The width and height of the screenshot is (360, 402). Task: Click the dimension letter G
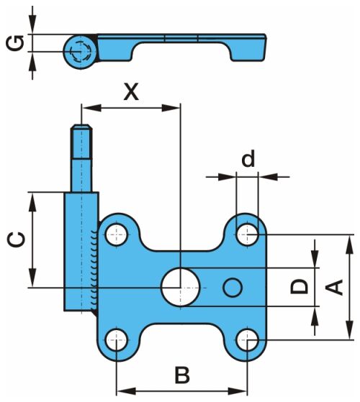15,43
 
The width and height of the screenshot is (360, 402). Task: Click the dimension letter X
131,91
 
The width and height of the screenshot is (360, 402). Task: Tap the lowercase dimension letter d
248,158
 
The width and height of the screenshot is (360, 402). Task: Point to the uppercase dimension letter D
299,287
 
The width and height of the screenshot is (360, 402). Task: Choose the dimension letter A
334,287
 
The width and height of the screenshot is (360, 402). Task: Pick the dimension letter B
182,375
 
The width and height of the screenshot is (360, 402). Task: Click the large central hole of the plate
181,287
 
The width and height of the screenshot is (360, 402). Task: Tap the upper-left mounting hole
117,234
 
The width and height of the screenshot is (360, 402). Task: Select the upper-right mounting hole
248,234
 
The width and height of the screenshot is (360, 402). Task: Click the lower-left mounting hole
117,340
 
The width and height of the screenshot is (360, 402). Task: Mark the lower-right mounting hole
248,340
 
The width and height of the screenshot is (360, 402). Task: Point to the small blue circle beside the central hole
233,288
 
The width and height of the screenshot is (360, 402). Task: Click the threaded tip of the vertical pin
81,141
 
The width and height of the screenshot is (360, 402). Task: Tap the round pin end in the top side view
81,51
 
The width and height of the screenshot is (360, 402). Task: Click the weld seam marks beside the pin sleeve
94,269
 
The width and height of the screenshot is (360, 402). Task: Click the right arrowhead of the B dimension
238,391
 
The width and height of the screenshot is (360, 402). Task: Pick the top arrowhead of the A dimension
349,245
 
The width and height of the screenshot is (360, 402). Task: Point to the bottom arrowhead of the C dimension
32,278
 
